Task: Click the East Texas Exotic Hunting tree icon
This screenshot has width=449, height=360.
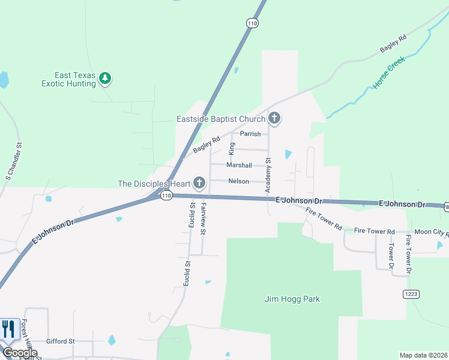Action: [106, 78]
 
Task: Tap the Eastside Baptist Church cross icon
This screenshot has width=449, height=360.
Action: [274, 118]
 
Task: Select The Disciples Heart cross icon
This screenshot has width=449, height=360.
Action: [199, 182]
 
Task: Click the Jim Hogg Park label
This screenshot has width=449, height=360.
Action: [292, 299]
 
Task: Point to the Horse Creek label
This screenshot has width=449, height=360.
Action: [389, 73]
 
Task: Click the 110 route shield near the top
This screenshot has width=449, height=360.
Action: [252, 23]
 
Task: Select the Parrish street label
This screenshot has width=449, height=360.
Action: [250, 134]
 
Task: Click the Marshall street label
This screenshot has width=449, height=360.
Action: [239, 165]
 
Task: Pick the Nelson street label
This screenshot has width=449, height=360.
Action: [238, 181]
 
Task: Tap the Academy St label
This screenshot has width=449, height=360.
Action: [268, 176]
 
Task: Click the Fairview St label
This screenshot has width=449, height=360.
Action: [203, 218]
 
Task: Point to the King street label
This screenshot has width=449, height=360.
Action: [231, 149]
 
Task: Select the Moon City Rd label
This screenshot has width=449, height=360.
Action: [432, 232]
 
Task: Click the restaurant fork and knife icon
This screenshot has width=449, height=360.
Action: [9, 329]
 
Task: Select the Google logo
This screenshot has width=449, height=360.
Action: [20, 353]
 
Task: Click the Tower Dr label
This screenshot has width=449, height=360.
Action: [390, 255]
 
